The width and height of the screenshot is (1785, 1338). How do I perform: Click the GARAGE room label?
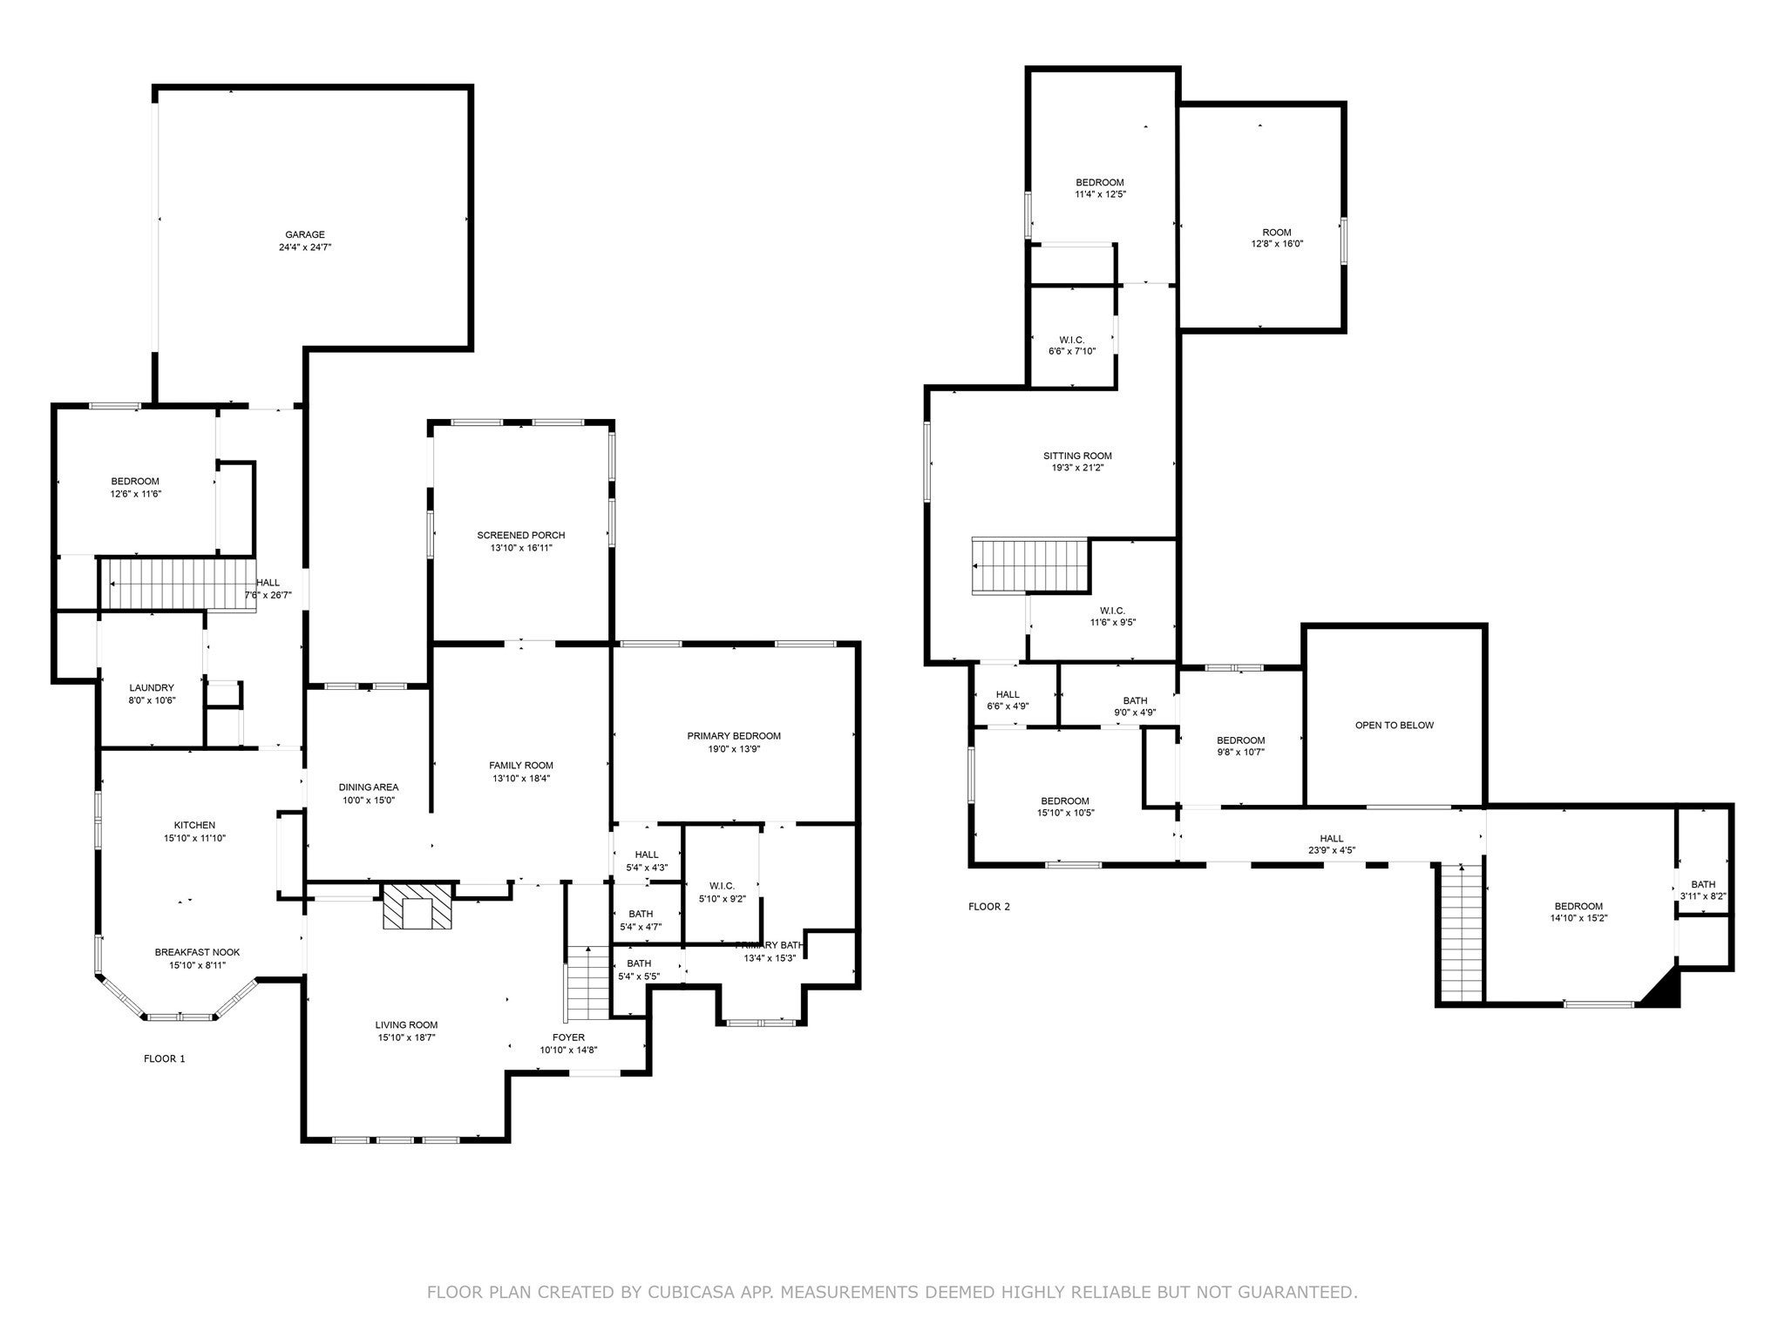[x=305, y=234]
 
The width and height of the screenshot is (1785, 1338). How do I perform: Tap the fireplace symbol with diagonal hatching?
[x=417, y=907]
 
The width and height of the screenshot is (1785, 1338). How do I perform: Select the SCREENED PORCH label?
[x=520, y=535]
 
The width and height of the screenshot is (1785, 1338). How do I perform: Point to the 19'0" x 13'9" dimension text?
[x=733, y=748]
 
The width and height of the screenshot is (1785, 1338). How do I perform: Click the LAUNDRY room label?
[x=152, y=687]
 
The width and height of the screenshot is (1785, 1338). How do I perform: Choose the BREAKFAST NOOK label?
[x=197, y=952]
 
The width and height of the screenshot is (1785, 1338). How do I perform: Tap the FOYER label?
[x=568, y=1037]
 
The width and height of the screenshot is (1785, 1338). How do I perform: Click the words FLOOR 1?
[x=164, y=1059]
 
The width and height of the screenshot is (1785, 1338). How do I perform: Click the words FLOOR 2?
[x=989, y=907]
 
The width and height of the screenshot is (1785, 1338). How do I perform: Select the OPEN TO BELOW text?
[x=1394, y=725]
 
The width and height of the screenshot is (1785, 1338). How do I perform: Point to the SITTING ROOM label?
[x=1077, y=456]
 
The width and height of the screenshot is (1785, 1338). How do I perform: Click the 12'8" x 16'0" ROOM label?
[x=1276, y=233]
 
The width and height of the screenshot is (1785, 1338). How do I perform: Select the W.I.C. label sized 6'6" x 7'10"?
[x=1071, y=340]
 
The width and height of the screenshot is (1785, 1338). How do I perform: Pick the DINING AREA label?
[x=368, y=787]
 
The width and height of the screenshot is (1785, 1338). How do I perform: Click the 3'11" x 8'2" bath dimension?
[x=1702, y=895]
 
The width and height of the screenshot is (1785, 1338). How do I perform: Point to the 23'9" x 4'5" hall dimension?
[x=1331, y=850]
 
